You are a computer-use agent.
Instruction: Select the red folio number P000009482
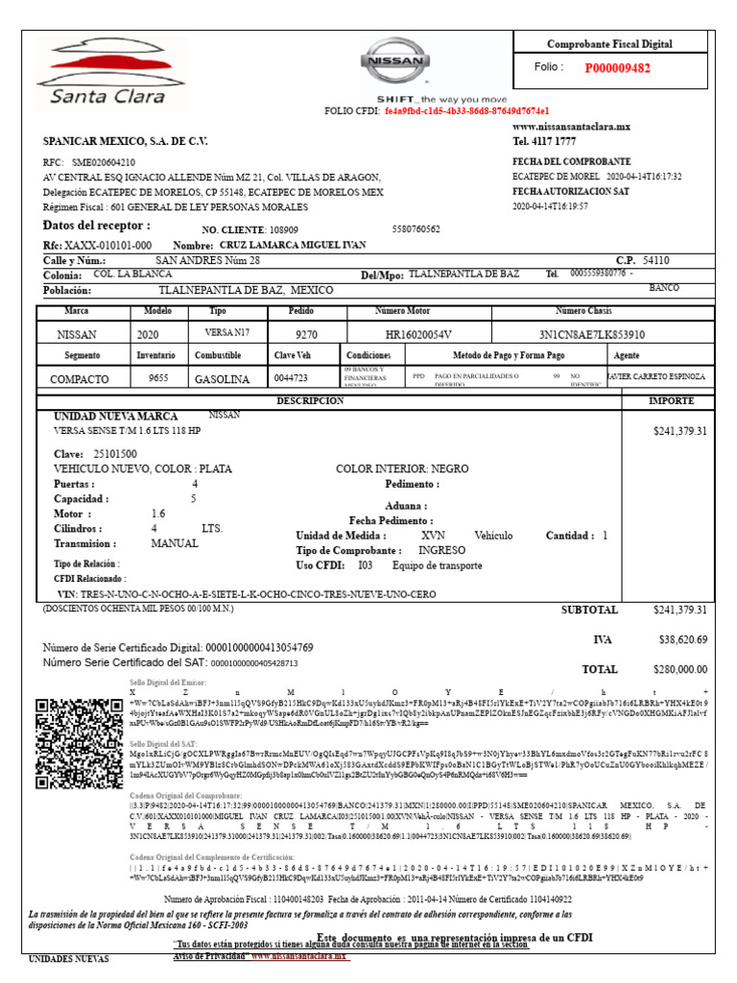(x=617, y=68)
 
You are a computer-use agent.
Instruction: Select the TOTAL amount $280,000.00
(x=679, y=669)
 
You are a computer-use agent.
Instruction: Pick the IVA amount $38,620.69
(x=682, y=639)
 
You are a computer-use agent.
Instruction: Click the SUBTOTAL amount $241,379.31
(x=679, y=610)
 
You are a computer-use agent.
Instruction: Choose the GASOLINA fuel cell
(x=223, y=379)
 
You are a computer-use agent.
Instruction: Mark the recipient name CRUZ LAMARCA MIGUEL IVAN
(x=293, y=245)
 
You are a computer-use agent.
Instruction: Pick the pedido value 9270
(x=306, y=335)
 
